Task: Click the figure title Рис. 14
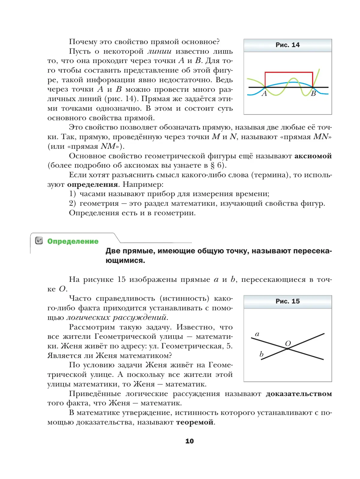coord(287,45)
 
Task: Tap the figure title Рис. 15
coord(287,301)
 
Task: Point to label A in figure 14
coord(264,94)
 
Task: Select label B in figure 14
coord(313,94)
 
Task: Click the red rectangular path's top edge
coord(289,72)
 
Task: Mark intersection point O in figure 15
coord(288,349)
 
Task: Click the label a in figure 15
coord(257,334)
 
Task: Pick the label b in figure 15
coord(261,354)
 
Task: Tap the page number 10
coord(189,441)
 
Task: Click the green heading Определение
coord(73,241)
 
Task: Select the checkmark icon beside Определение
coord(39,241)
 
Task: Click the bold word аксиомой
coord(313,156)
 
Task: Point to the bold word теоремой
coord(195,422)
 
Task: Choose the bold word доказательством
coord(299,394)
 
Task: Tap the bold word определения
coord(92,184)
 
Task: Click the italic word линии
coord(159,51)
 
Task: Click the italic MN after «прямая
coord(321,137)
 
